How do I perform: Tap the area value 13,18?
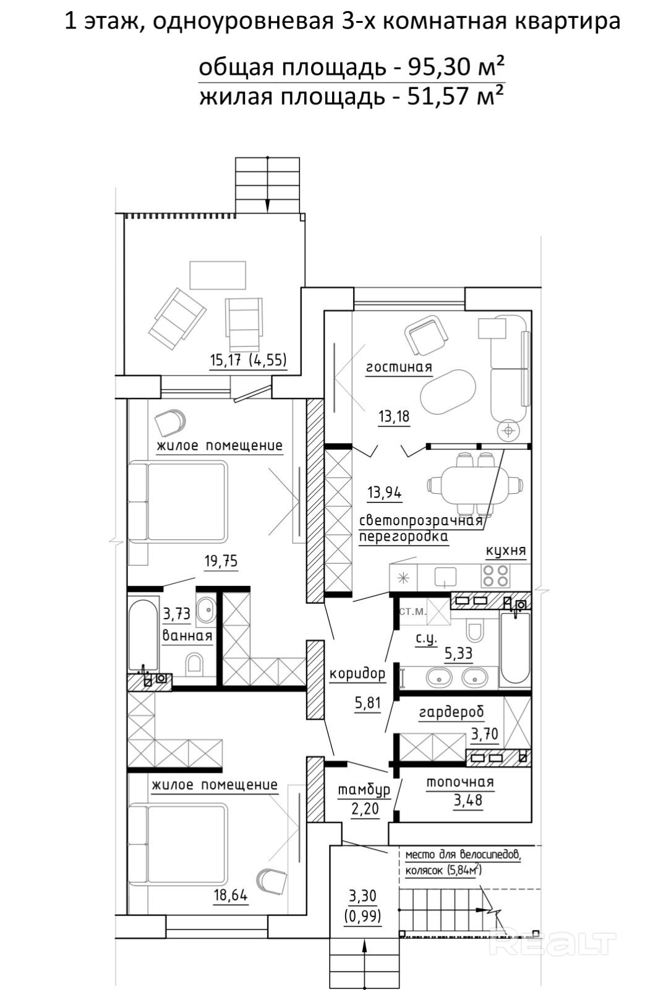point(394,416)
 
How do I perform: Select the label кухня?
point(506,551)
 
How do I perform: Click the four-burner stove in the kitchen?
point(495,575)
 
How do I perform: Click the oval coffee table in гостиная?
point(448,392)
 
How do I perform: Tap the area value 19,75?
point(221,561)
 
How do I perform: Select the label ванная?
point(187,636)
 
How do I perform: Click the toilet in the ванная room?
point(194,664)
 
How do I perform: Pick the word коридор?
point(357,674)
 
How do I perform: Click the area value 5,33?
point(458,653)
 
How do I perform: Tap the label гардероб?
point(451,712)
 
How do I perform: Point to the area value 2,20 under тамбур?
point(365,809)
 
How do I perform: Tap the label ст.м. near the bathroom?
point(413,612)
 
